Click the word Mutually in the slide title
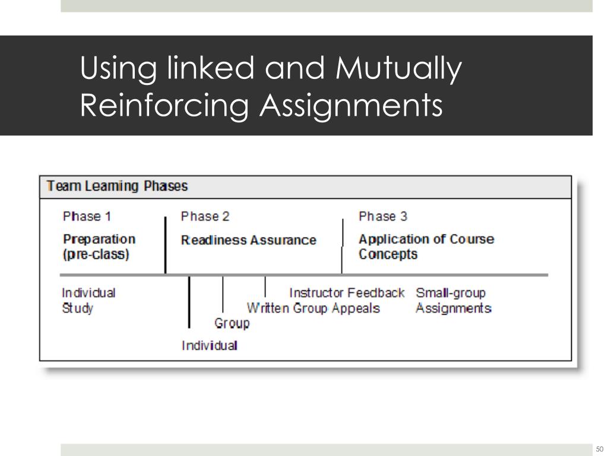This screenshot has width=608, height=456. pos(398,69)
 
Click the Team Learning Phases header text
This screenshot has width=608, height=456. pos(117,186)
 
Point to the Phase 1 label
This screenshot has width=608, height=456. pos(87,216)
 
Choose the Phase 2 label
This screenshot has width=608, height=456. pos(205,216)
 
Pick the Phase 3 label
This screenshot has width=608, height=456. pos(383,216)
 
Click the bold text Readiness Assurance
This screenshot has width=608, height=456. pos(248,240)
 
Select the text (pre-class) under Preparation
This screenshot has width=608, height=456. pos(96,255)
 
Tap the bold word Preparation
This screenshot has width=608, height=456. pos(99,239)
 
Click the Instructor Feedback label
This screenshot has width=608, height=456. pos(346,293)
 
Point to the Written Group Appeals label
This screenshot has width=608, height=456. pos(313,308)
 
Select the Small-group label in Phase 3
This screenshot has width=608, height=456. pos(450,293)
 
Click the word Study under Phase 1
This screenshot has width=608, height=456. pos(78,308)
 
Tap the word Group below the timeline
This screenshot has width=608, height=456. pos(232,324)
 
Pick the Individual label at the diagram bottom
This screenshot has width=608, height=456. pos(210,345)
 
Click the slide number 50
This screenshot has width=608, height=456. pos(599,449)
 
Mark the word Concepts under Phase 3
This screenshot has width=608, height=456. pos(388,255)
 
